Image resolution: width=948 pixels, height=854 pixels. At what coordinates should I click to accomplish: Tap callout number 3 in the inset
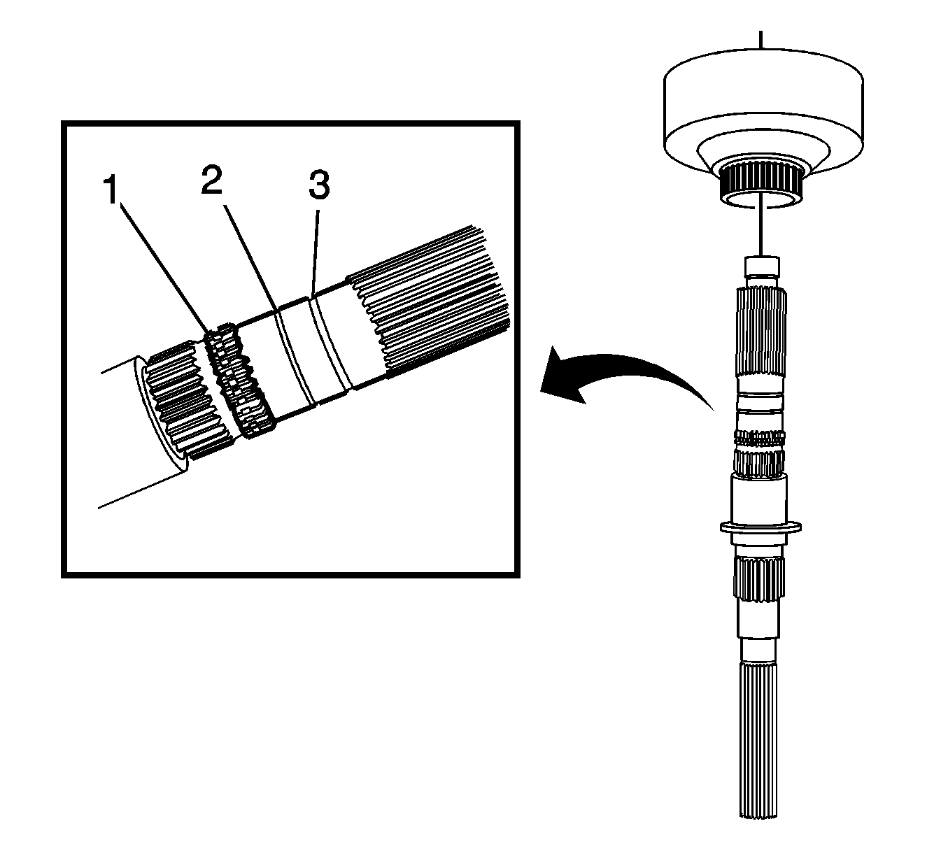[x=318, y=185]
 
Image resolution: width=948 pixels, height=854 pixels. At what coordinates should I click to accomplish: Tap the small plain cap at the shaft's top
[x=761, y=267]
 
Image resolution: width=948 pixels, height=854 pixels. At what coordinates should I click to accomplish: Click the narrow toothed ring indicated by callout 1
[x=241, y=381]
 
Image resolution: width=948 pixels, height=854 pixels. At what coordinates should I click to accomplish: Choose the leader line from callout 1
[x=161, y=262]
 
